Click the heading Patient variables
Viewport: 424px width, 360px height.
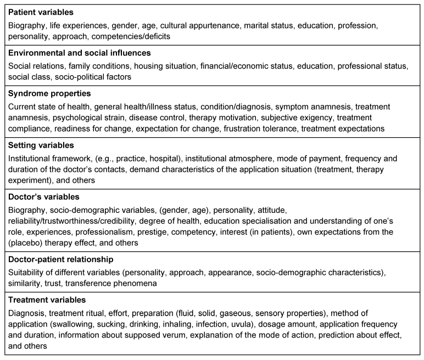[41, 12]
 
